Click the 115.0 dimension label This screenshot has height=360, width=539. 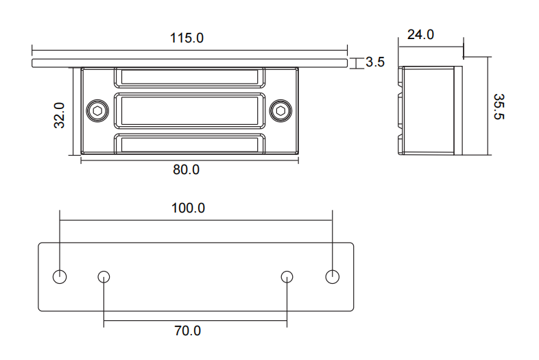[x=187, y=38]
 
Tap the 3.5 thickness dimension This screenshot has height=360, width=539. [x=375, y=62]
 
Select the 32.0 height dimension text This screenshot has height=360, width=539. [x=60, y=115]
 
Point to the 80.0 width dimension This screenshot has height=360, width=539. [x=186, y=169]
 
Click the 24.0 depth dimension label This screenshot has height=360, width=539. [x=420, y=34]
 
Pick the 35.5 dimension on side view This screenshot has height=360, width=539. [x=499, y=106]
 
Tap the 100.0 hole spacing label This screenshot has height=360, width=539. [x=188, y=208]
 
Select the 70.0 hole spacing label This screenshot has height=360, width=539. [x=187, y=331]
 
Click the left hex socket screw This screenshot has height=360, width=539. [x=97, y=110]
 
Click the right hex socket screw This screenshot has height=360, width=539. [x=280, y=110]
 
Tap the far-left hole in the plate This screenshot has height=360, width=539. [x=60, y=277]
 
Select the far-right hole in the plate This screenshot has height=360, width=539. [x=332, y=277]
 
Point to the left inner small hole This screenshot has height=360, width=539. [x=104, y=277]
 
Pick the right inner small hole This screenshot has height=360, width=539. [x=287, y=277]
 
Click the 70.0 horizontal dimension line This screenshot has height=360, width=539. [x=195, y=321]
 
